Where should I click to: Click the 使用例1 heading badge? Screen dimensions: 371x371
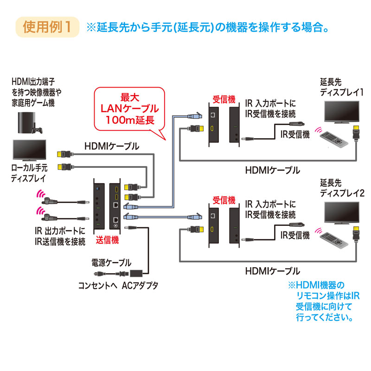[47, 26]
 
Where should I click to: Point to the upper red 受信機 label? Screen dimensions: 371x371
[224, 99]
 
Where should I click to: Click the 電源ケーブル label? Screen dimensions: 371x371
[111, 262]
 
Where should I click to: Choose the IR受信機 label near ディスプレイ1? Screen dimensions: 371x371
[295, 134]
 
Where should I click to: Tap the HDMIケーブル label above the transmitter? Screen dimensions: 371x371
[111, 146]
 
